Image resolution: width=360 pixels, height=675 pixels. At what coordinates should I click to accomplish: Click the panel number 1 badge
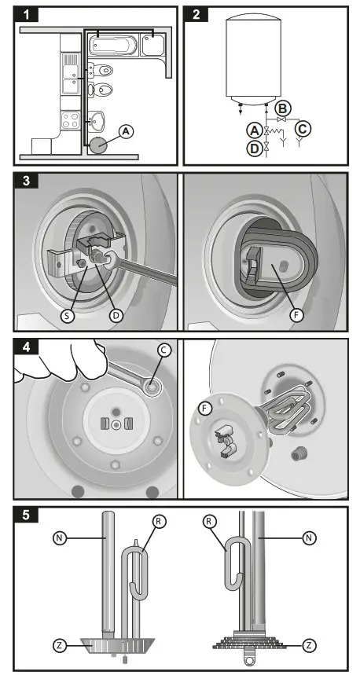pyautogui.click(x=26, y=15)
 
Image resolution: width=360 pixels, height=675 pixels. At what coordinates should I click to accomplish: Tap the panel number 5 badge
pyautogui.click(x=26, y=515)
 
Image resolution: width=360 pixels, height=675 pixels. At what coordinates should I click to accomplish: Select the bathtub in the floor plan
pyautogui.click(x=113, y=46)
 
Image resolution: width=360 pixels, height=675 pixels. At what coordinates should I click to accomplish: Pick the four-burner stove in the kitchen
pyautogui.click(x=71, y=119)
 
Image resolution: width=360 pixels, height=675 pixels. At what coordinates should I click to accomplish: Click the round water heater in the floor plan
pyautogui.click(x=100, y=145)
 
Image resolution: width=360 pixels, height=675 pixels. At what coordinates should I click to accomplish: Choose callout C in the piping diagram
pyautogui.click(x=303, y=129)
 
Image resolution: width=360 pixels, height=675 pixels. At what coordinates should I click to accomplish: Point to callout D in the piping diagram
pyautogui.click(x=254, y=148)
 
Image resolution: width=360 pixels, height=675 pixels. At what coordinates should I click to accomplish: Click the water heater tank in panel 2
pyautogui.click(x=254, y=60)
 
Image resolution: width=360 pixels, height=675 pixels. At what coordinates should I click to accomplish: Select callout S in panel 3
pyautogui.click(x=67, y=316)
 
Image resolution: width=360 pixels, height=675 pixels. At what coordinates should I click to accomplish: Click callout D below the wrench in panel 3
pyautogui.click(x=116, y=316)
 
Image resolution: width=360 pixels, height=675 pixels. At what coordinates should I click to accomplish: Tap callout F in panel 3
pyautogui.click(x=296, y=316)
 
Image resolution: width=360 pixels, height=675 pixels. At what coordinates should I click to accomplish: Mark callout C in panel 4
pyautogui.click(x=164, y=350)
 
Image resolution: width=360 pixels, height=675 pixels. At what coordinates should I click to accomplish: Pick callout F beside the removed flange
pyautogui.click(x=205, y=408)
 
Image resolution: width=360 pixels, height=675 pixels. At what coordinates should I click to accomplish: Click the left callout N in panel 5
pyautogui.click(x=60, y=537)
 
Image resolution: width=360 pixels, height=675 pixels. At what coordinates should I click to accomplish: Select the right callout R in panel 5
pyautogui.click(x=209, y=522)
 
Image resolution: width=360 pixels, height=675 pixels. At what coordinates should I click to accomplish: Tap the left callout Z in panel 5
pyautogui.click(x=60, y=646)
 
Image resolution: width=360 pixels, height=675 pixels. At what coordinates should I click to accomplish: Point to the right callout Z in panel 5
pyautogui.click(x=309, y=646)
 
